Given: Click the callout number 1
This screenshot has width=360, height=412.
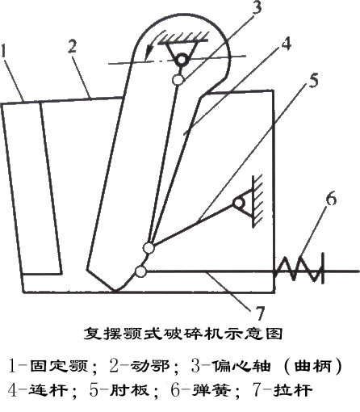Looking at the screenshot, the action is point(4,51).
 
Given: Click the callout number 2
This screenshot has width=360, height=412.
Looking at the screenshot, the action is point(72,46).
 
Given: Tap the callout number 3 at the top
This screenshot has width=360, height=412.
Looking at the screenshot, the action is point(257,7).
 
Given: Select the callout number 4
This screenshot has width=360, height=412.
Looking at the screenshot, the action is point(286,44).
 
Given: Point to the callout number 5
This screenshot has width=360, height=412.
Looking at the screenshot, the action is point(313,80).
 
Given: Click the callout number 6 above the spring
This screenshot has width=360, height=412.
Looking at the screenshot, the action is point(331,200).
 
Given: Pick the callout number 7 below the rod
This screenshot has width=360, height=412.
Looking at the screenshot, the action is point(259,313).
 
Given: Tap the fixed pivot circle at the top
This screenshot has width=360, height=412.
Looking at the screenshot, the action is point(182,60).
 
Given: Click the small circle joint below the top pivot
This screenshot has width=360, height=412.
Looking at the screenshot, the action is point(178,80).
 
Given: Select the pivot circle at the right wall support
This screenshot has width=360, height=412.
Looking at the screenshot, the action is point(239,203).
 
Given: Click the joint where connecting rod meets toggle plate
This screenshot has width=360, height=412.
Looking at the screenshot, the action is point(148,248).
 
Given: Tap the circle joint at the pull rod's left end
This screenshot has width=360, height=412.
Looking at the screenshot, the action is point(140,271).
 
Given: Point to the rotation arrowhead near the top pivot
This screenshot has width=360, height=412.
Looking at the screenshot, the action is point(148,52).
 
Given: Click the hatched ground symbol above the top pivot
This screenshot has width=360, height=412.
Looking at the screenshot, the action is point(183,36).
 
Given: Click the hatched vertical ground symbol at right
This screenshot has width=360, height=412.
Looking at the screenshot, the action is point(256,200).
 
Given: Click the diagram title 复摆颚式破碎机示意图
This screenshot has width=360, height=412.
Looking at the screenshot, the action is point(183,334).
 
